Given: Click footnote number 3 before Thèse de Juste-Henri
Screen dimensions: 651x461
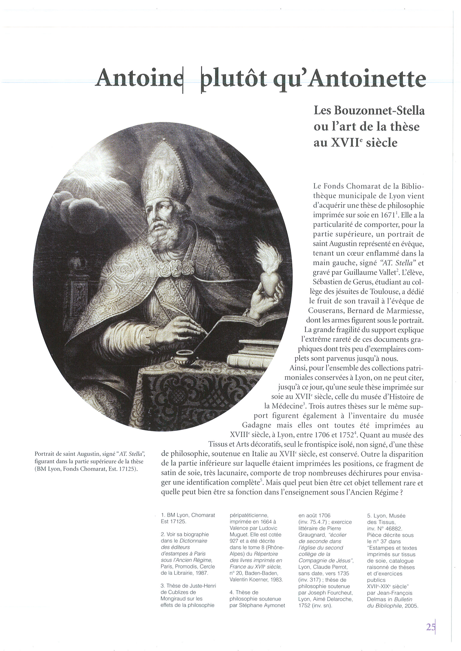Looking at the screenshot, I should coord(162,586).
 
